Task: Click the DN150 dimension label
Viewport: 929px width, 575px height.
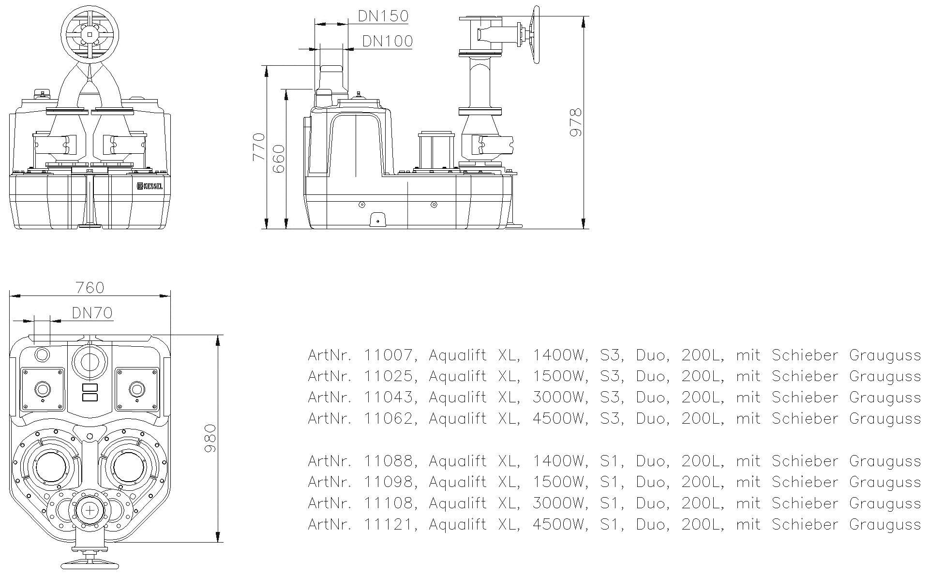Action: click(383, 16)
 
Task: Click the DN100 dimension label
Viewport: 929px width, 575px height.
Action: click(388, 41)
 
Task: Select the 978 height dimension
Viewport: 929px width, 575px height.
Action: click(575, 123)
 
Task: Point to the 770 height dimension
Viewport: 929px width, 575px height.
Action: click(259, 147)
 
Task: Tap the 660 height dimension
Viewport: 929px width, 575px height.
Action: click(279, 160)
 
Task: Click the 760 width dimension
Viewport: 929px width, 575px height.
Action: click(90, 288)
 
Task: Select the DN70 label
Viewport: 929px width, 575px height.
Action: click(92, 313)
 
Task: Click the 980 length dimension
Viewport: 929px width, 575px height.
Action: click(210, 439)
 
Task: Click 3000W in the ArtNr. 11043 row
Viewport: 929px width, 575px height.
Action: click(559, 398)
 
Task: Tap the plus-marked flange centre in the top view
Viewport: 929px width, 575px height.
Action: click(90, 510)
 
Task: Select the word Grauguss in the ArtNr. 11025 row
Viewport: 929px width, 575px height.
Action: click(884, 377)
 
